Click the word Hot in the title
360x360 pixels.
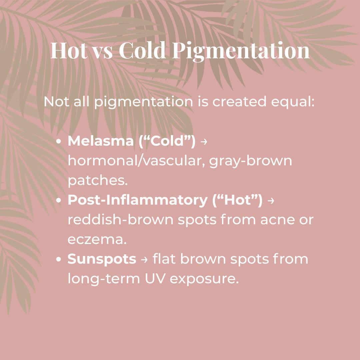click(x=69, y=50)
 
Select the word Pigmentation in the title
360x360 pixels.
click(x=241, y=51)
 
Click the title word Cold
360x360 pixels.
click(x=142, y=50)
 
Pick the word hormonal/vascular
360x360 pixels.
click(x=135, y=161)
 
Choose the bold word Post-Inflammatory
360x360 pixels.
click(x=137, y=200)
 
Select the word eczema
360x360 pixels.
click(x=97, y=239)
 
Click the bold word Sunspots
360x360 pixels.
click(x=102, y=259)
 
